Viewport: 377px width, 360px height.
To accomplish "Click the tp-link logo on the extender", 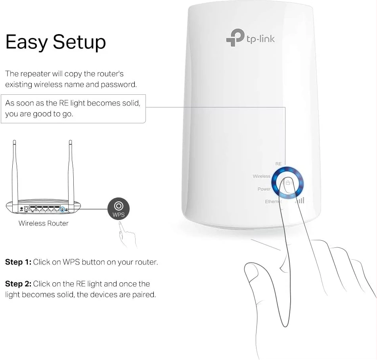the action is [250, 38].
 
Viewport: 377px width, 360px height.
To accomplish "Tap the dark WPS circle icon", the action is [119, 209].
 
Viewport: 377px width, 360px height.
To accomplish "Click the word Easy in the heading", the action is [27, 42].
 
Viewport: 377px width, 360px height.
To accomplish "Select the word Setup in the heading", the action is [79, 42].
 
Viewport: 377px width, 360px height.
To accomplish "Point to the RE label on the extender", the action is [278, 164].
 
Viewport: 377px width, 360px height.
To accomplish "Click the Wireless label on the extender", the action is [261, 176].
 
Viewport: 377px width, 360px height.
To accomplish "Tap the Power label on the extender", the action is [264, 189].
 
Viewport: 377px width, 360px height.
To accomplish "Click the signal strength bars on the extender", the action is [300, 200].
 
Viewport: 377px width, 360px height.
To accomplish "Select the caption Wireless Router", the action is [44, 223].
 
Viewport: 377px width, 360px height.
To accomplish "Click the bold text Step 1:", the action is [18, 262].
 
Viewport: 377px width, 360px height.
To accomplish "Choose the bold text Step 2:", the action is [18, 284].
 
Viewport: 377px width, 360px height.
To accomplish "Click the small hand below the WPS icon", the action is [127, 235].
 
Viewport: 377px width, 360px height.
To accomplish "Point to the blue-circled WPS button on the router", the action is [62, 209].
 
